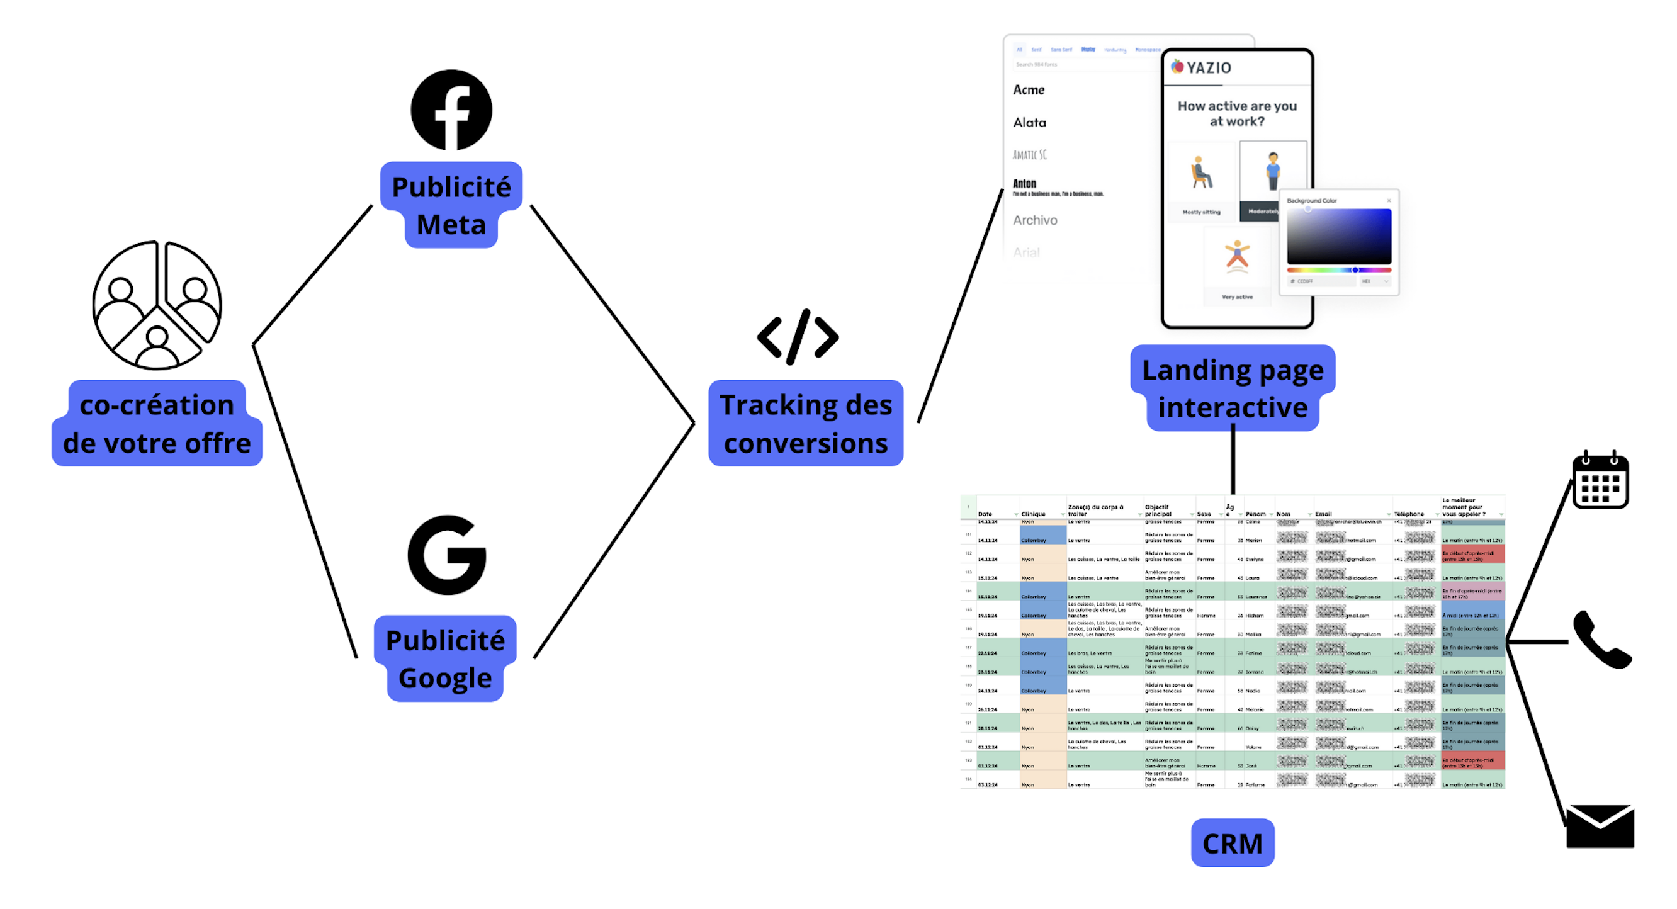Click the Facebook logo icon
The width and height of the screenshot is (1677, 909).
tap(451, 110)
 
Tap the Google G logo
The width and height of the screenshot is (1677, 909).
tap(447, 555)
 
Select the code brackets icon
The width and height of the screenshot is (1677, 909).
tap(798, 337)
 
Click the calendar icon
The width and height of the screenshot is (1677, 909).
tap(1600, 480)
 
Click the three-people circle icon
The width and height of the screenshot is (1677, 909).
tap(157, 305)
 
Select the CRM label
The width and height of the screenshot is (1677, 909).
tap(1233, 844)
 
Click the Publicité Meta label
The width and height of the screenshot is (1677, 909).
tap(451, 205)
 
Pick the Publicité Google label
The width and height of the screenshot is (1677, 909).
tap(445, 658)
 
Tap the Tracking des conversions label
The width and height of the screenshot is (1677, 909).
tap(805, 423)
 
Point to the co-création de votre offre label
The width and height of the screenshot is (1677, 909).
tap(157, 423)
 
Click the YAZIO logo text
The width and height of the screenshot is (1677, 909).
tap(1208, 68)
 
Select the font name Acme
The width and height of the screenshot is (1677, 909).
tap(1029, 90)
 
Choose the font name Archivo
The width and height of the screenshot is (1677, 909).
tap(1035, 220)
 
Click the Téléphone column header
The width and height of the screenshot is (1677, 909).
tap(1409, 514)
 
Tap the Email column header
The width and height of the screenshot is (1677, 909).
tap(1323, 514)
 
